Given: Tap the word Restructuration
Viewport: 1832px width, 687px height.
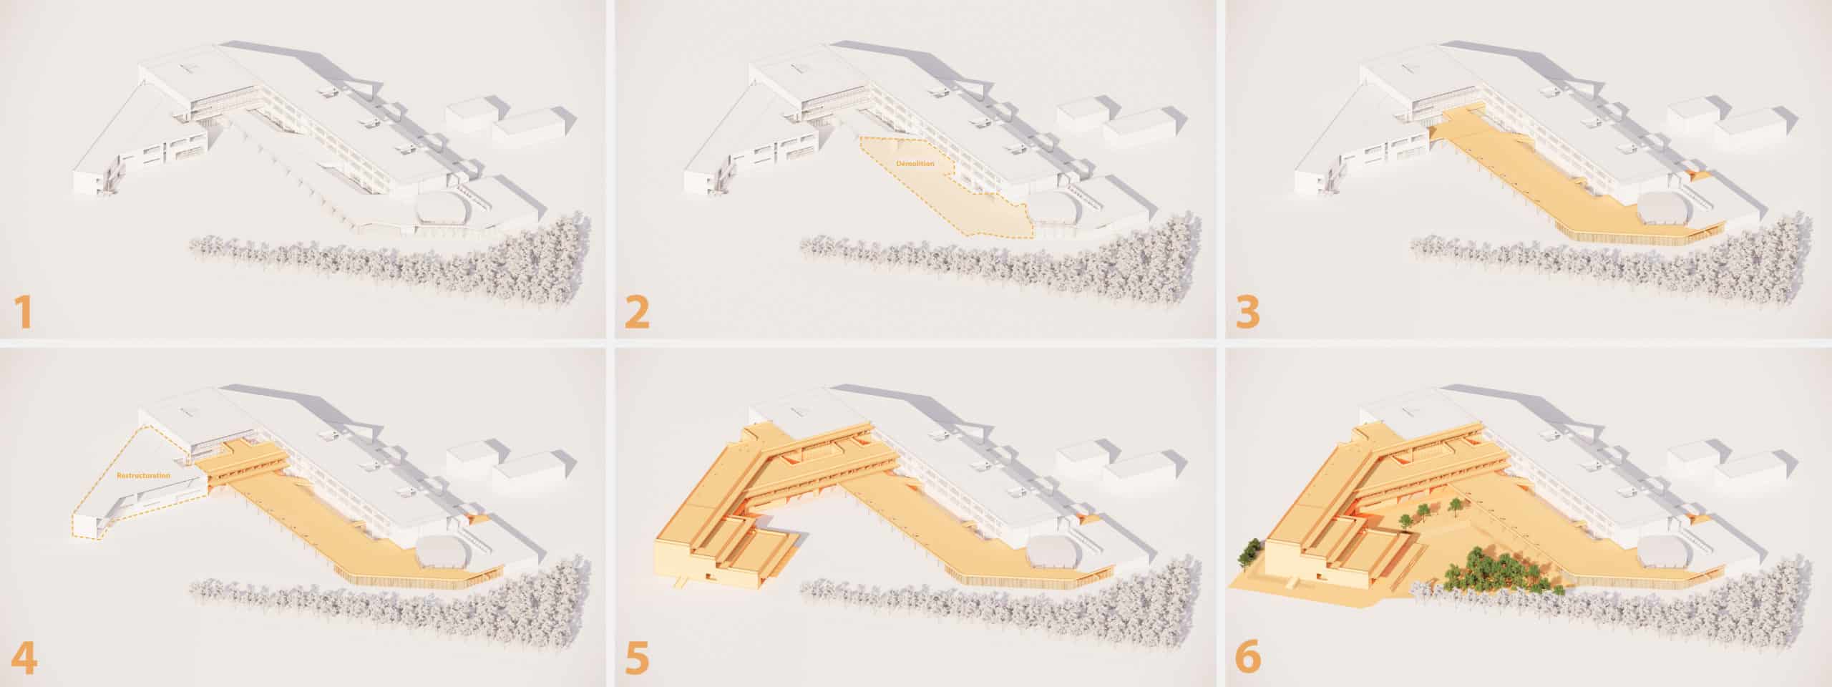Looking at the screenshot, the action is click(144, 475).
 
